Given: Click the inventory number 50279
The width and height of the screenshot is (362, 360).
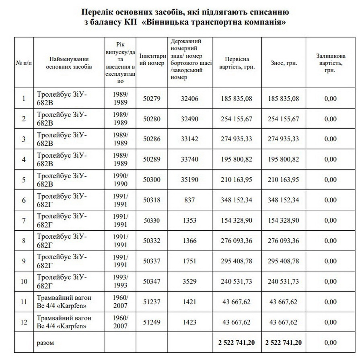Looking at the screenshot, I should click(152, 98).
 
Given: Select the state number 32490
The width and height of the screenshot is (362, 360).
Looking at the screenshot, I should click(190, 119).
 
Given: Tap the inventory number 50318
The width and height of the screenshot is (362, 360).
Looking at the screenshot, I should click(152, 200).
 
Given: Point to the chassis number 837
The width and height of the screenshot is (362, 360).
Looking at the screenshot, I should click(190, 200).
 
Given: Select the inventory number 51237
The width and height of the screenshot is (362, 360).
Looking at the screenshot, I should click(152, 302).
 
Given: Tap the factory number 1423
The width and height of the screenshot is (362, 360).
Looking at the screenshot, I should click(190, 322).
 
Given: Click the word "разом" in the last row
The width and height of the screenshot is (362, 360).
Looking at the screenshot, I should click(45, 343).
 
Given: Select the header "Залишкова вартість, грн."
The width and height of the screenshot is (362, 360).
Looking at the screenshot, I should click(331, 63).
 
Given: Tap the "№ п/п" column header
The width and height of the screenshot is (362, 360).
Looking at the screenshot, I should click(24, 63).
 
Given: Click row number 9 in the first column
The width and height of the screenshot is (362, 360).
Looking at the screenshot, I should click(24, 261).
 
